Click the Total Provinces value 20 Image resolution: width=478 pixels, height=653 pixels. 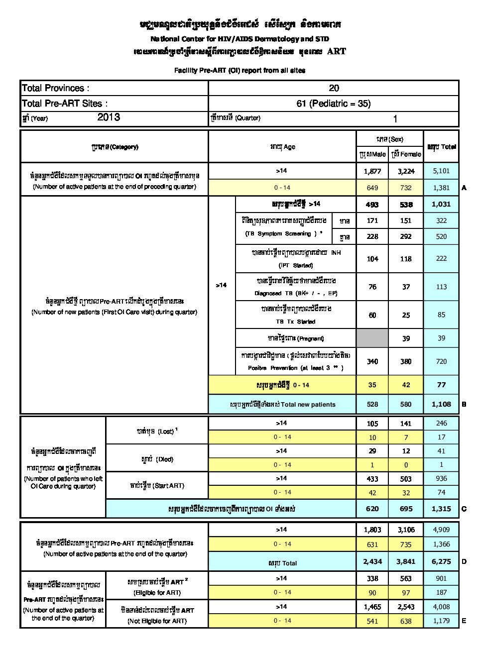click(x=334, y=88)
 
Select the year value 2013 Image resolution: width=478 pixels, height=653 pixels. click(x=109, y=117)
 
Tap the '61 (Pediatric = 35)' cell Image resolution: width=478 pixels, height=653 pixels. click(x=334, y=104)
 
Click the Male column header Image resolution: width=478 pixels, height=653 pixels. click(x=372, y=154)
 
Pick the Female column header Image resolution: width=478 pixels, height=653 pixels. click(x=406, y=154)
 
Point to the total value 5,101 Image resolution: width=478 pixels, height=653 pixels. click(x=441, y=171)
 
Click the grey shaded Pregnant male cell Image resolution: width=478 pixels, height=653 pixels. click(x=372, y=338)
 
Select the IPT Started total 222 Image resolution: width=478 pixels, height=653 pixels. click(x=441, y=258)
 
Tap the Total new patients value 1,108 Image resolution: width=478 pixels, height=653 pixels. click(x=441, y=404)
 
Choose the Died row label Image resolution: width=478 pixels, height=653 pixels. click(x=157, y=459)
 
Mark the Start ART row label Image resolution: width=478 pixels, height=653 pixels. click(x=157, y=485)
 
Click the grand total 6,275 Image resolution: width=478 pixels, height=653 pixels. click(x=441, y=561)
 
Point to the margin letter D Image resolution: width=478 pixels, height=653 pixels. click(x=464, y=561)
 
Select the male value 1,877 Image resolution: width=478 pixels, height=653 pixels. click(x=372, y=171)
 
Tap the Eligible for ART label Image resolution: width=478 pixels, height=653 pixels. click(x=157, y=593)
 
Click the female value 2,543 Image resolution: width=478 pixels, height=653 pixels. click(x=406, y=607)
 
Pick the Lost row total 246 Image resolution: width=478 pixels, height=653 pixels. click(x=441, y=423)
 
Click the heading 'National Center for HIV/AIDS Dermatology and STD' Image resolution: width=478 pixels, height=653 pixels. click(x=239, y=39)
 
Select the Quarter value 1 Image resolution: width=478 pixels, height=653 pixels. click(x=395, y=119)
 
